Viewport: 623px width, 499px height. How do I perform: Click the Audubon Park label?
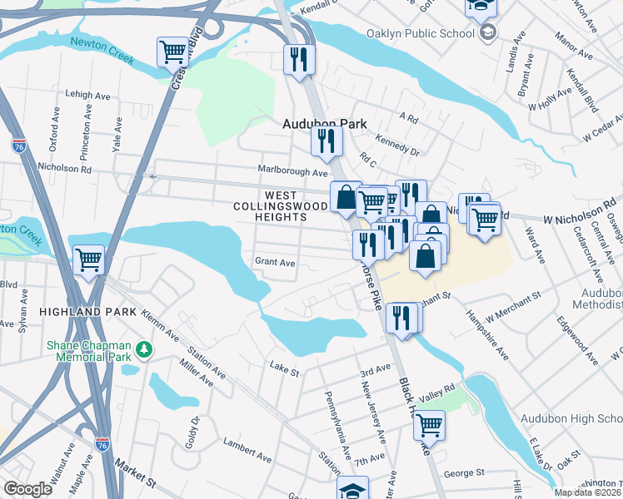point(325,123)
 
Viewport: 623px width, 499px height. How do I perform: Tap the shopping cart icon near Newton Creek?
point(173,52)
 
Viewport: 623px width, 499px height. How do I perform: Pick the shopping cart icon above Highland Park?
point(88,259)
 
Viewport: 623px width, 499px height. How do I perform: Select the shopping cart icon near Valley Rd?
point(429,425)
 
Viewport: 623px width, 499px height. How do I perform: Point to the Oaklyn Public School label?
point(419,34)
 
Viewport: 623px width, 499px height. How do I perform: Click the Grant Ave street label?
point(275,262)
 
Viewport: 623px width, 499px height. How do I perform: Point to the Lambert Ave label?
point(247,457)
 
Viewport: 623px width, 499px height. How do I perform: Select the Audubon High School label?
point(571,418)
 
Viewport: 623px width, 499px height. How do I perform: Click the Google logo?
point(27,489)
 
